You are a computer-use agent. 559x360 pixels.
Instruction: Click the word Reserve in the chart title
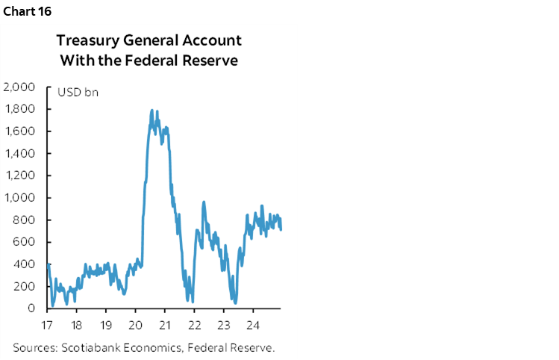211,60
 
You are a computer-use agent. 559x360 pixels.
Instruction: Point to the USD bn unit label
78,93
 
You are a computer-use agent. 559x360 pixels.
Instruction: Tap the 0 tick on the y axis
32,308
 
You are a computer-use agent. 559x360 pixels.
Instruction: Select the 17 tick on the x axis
48,326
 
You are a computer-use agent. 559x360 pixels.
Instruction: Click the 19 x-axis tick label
106,326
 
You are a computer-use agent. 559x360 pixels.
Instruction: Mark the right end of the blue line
281,229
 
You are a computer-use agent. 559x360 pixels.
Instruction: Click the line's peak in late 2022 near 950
204,202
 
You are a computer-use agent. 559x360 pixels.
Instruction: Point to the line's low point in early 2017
53,305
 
